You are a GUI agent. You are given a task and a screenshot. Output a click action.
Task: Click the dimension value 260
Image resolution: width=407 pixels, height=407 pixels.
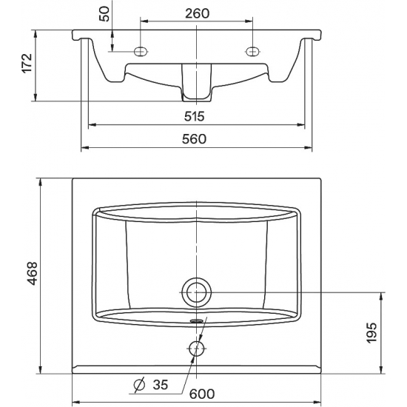coord(197,13)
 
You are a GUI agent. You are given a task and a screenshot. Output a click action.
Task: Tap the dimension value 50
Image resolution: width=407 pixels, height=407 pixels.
coord(105,14)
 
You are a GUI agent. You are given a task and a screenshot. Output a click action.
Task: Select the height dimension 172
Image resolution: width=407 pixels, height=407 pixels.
coord(27,64)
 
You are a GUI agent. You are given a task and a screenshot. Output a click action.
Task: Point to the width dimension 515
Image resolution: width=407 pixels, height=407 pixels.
coord(195,116)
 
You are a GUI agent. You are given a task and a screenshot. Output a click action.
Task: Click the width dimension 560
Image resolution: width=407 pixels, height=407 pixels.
coord(194,139)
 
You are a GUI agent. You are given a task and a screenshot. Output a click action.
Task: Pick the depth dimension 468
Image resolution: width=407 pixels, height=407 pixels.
coord(33,274)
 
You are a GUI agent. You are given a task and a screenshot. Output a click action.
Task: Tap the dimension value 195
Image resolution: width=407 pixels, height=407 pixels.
coord(371,333)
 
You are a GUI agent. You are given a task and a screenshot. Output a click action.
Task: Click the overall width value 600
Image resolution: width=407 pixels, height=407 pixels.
coord(202,394)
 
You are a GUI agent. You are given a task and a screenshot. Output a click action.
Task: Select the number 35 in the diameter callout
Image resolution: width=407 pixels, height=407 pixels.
coord(161,385)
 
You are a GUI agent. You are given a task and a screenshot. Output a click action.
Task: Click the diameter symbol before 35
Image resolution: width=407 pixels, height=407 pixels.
coord(139,385)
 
